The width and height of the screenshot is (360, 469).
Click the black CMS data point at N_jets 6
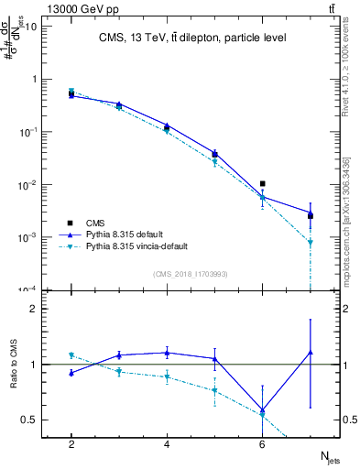coord(263,184)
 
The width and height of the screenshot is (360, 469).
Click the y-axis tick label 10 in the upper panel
coord(31,26)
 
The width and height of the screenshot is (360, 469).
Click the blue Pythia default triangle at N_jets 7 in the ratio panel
coord(311,352)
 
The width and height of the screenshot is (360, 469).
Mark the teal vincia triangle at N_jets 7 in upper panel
coord(311,243)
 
